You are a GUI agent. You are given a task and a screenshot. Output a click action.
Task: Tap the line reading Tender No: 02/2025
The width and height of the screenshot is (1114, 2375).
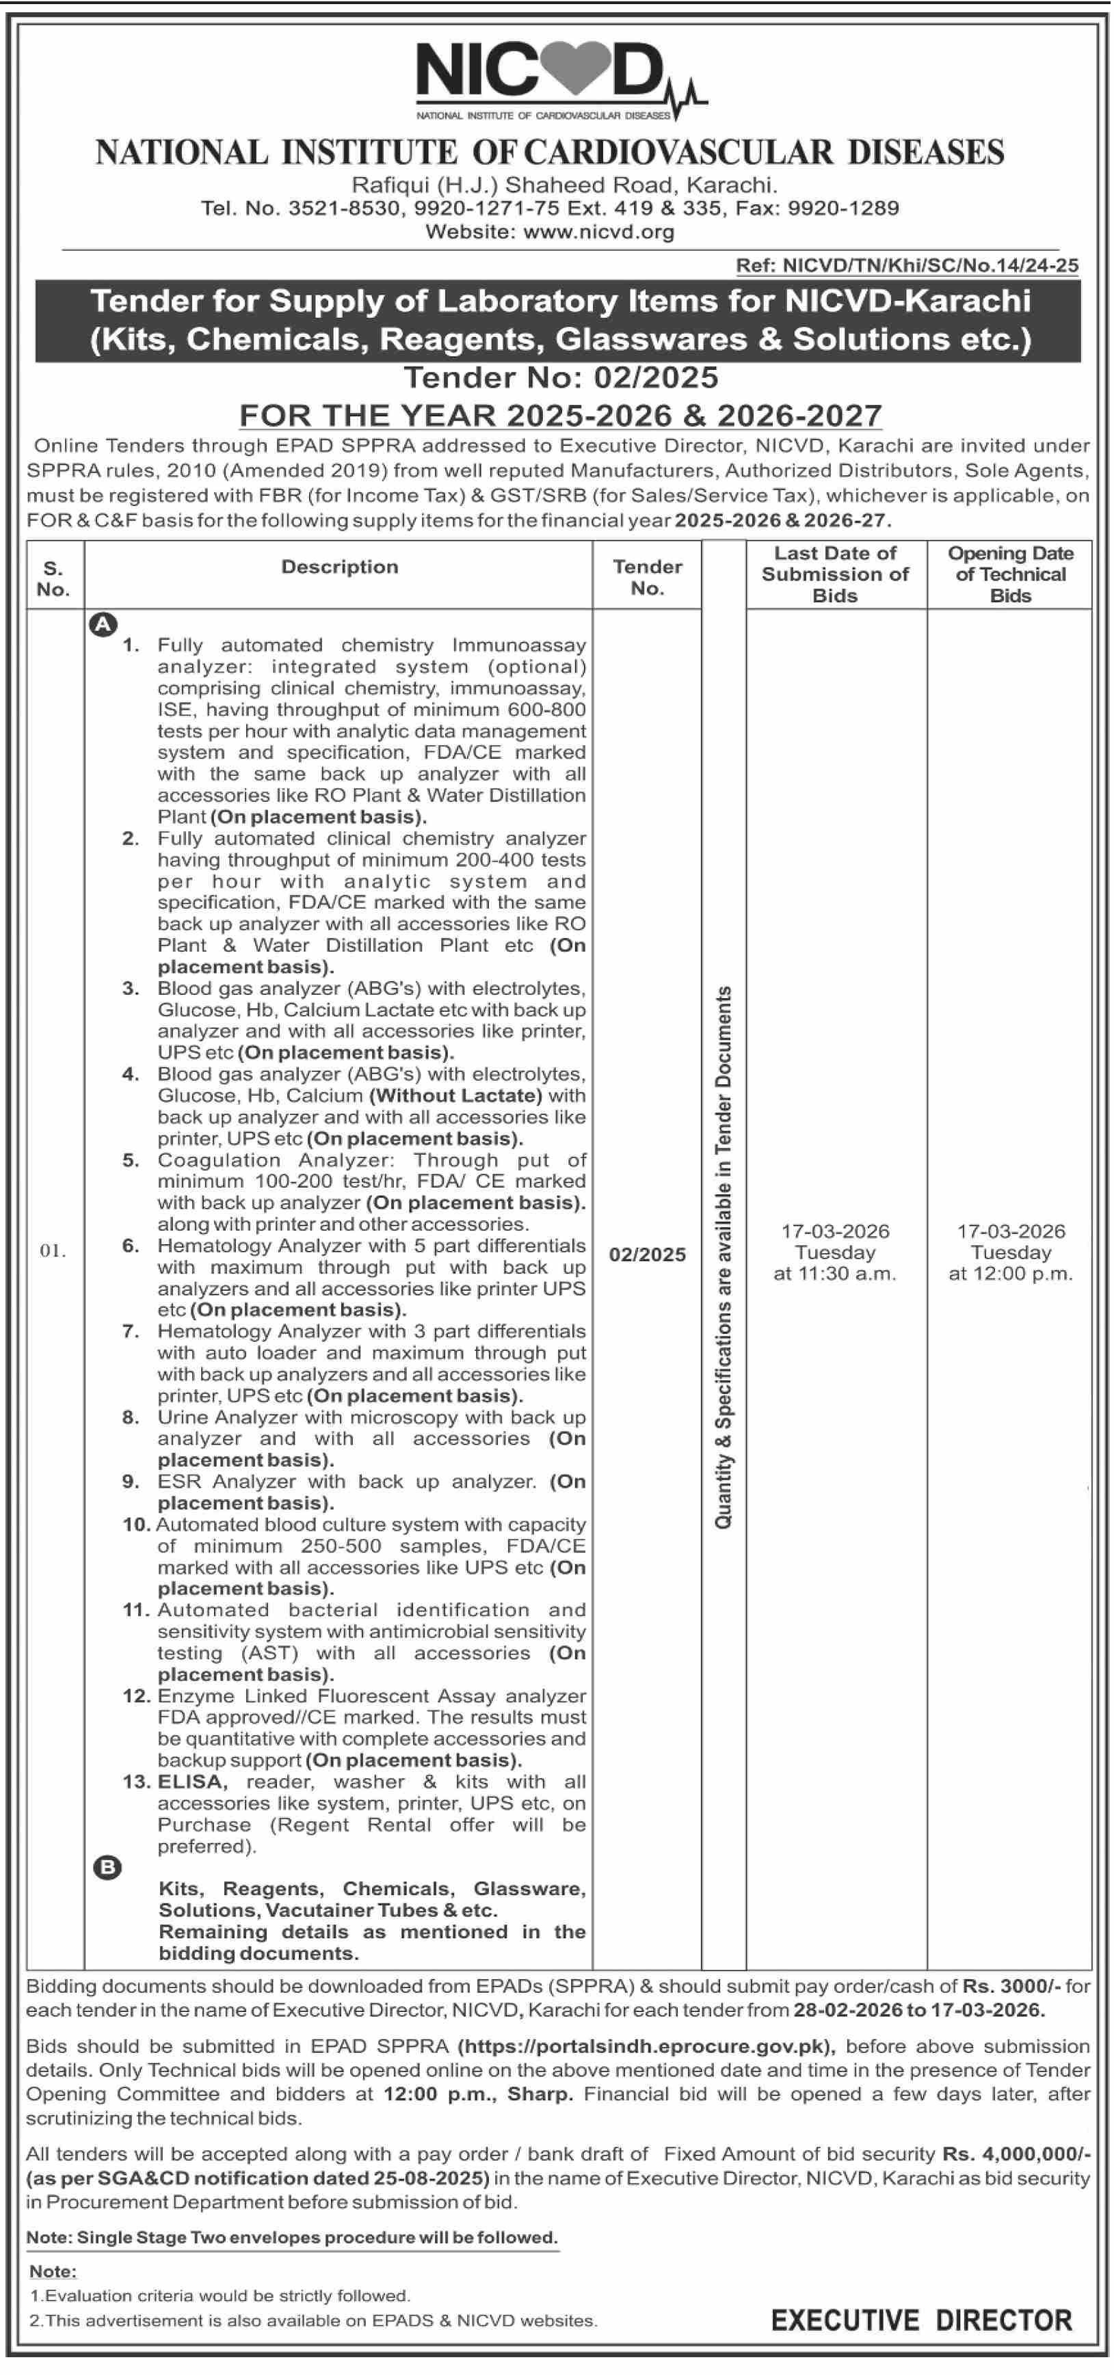tap(561, 377)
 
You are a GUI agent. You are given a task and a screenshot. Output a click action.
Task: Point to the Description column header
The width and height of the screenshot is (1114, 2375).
tap(339, 567)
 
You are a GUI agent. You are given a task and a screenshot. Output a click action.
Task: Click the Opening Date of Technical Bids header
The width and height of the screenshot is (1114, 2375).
tap(1010, 574)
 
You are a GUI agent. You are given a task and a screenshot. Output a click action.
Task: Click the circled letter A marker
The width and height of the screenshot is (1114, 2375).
tap(103, 624)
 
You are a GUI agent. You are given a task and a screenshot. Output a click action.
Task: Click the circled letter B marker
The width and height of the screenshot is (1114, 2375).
tap(108, 1868)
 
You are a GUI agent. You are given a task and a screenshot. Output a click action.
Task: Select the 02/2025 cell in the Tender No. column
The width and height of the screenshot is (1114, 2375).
tap(648, 1254)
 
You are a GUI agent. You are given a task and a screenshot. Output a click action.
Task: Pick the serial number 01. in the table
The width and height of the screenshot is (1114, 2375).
tap(53, 1251)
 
